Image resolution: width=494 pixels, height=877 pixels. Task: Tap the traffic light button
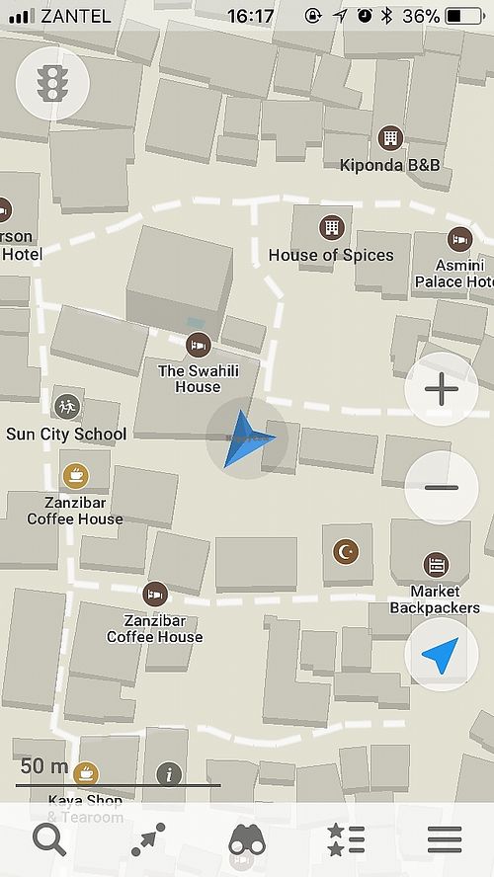[x=51, y=84]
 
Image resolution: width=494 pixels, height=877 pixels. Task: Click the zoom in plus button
[x=441, y=389]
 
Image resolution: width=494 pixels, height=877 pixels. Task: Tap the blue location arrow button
[x=441, y=654]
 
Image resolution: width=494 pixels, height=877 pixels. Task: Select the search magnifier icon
[x=48, y=840]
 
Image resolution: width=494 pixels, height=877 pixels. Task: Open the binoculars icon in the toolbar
[x=247, y=840]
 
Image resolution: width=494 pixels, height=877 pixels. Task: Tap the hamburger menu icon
[x=444, y=840]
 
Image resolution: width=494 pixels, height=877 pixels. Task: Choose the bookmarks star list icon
[x=346, y=840]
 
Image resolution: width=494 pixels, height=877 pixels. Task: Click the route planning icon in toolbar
[x=148, y=840]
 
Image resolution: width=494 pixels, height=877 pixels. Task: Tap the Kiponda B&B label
[x=389, y=165]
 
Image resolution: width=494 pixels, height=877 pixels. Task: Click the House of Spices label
[x=331, y=255]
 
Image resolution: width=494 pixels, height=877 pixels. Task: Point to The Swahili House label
[x=198, y=379]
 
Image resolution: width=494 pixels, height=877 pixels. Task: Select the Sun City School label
[x=66, y=434]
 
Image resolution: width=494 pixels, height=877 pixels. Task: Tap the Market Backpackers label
[x=435, y=599]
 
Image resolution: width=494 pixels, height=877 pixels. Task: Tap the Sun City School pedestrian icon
[x=66, y=405]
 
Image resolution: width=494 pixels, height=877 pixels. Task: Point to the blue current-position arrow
[x=247, y=438]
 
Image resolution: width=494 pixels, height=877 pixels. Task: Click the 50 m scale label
[x=44, y=766]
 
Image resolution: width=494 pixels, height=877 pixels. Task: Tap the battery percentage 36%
[x=421, y=16]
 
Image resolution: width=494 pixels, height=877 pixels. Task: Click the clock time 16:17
[x=250, y=16]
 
